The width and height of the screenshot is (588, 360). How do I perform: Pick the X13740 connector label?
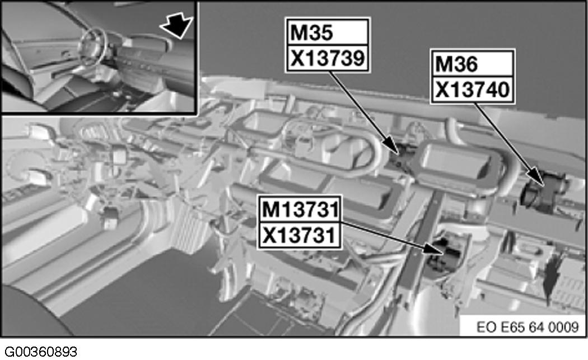point(471,89)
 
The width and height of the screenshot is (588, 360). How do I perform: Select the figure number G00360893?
point(39,352)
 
